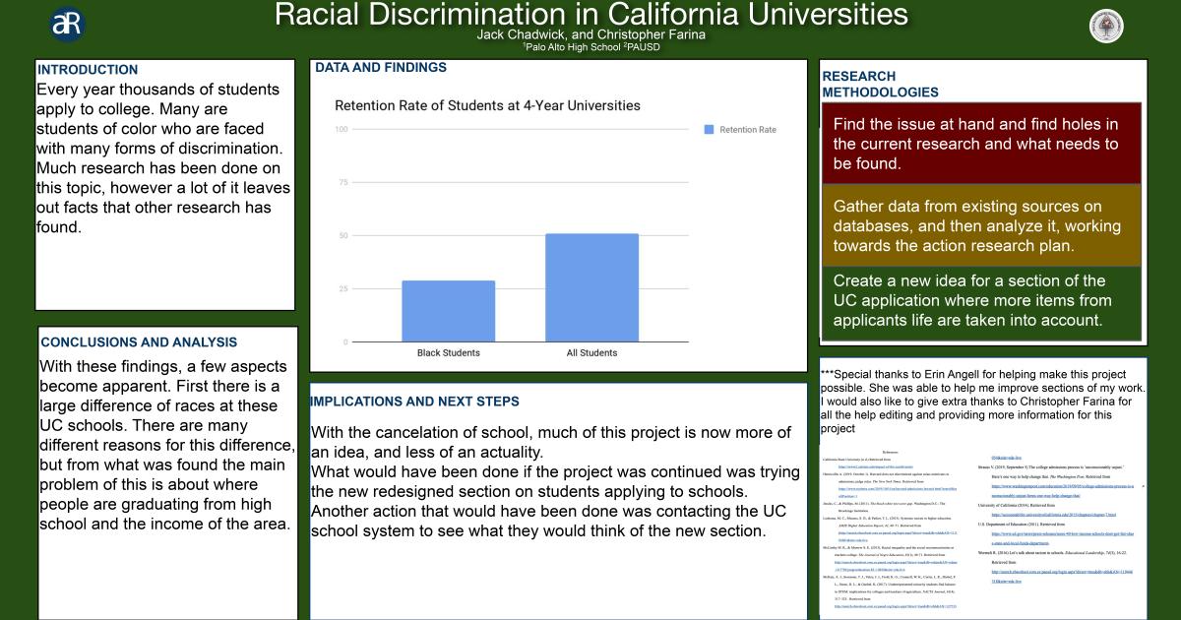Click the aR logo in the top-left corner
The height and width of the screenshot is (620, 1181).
[x=67, y=26]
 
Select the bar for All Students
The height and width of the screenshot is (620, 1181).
[x=591, y=287]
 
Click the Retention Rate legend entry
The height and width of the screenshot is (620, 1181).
[x=740, y=130]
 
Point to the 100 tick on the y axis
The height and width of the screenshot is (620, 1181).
[x=342, y=130]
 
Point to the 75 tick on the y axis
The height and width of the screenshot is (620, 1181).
[x=343, y=183]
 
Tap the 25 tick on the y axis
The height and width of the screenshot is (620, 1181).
[x=343, y=289]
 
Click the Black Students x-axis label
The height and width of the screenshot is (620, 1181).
[x=448, y=352]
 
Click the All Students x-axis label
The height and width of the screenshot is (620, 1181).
[x=591, y=352]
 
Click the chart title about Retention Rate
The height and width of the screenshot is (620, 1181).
[x=487, y=105]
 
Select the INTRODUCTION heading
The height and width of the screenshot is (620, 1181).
[x=88, y=70]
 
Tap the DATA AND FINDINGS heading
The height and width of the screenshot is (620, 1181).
[x=380, y=68]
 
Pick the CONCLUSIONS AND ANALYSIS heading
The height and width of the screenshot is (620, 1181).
[x=139, y=342]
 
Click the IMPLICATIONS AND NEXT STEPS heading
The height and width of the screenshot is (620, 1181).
[x=414, y=402]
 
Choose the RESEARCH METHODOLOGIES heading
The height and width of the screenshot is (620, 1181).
[x=880, y=84]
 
